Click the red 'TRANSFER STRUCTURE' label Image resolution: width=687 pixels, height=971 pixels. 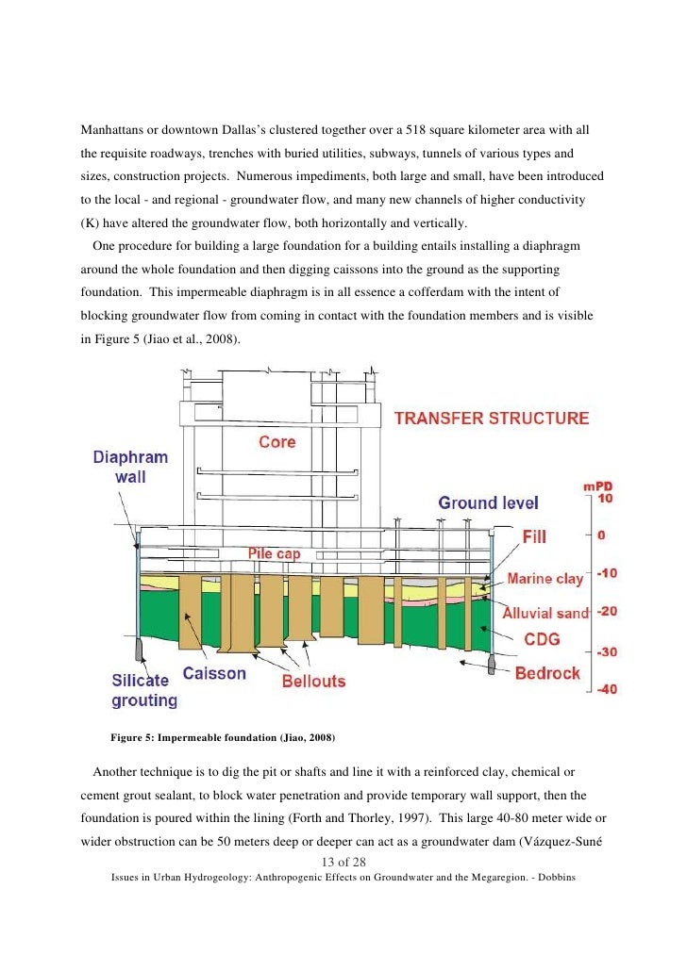(491, 419)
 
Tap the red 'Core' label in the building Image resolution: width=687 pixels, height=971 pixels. (276, 442)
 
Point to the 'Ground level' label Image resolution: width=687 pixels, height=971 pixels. (488, 503)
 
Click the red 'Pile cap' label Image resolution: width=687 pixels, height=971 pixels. (274, 554)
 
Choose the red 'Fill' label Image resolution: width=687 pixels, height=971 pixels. (534, 535)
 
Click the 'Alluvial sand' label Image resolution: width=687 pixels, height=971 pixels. (546, 612)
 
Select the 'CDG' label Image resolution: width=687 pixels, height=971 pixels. (541, 639)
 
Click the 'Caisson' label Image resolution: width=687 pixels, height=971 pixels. (214, 674)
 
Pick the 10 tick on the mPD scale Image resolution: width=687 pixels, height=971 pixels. (606, 498)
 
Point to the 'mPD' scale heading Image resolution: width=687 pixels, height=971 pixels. (598, 485)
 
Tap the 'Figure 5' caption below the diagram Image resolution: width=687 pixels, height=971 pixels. (223, 736)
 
